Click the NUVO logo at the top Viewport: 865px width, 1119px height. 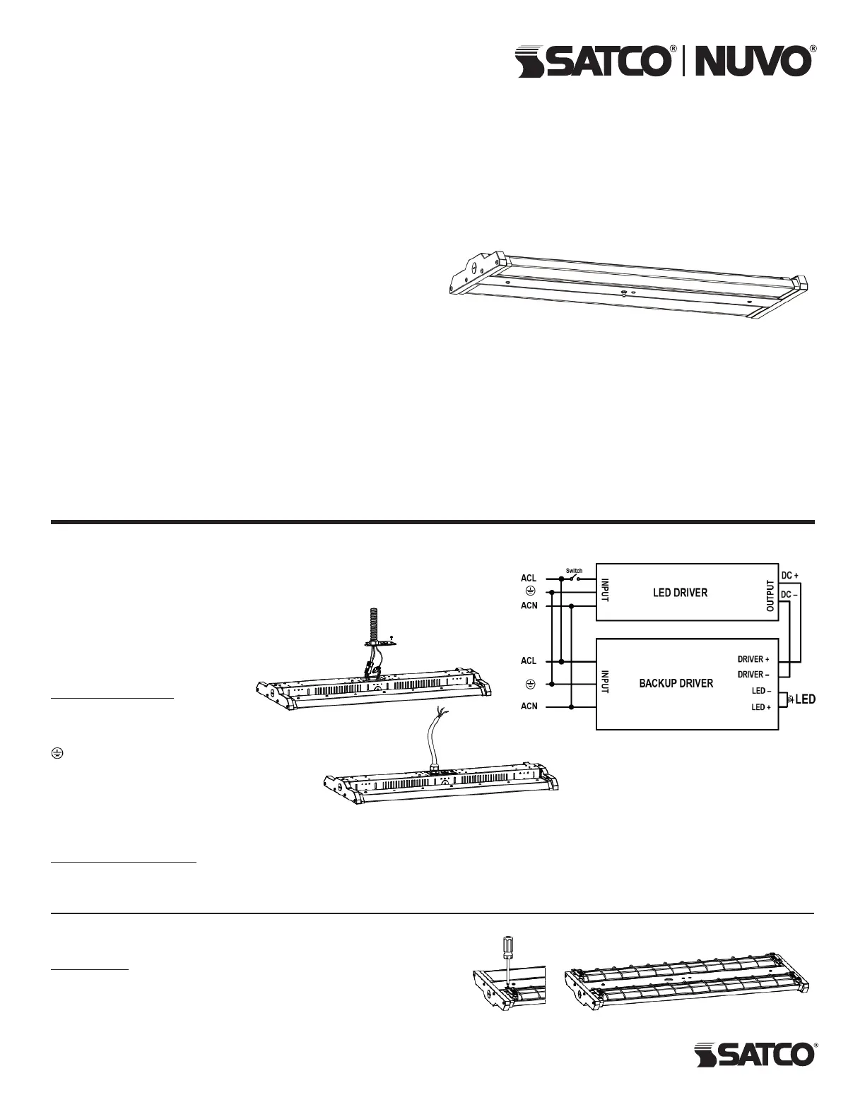click(x=753, y=61)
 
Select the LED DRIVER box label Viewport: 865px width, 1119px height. click(x=680, y=593)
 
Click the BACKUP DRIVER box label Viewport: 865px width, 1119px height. click(x=676, y=683)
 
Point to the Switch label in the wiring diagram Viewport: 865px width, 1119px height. click(x=574, y=571)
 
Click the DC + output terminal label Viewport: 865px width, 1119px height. click(x=790, y=576)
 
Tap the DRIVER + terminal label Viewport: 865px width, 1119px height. click(x=753, y=659)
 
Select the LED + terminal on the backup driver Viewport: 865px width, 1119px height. click(x=760, y=707)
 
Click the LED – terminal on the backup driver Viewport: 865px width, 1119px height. click(x=760, y=691)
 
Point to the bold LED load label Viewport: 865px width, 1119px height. click(x=805, y=699)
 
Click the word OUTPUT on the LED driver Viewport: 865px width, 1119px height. click(x=770, y=596)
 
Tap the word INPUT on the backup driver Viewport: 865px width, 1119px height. click(x=606, y=683)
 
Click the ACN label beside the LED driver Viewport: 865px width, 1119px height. click(x=529, y=605)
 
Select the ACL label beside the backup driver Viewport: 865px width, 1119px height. click(x=529, y=661)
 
